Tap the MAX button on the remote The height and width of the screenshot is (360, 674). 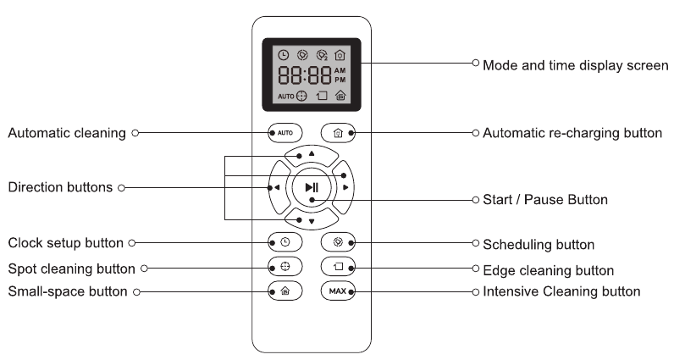(338, 291)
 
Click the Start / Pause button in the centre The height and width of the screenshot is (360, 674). (312, 187)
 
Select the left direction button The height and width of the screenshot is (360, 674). (278, 187)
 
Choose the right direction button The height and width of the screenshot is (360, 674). (344, 187)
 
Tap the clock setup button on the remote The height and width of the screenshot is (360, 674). (285, 242)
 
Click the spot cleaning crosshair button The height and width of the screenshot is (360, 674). (285, 267)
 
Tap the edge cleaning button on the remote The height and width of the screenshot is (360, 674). (338, 267)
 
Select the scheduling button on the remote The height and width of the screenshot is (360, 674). (338, 242)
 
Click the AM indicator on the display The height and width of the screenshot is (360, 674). (340, 70)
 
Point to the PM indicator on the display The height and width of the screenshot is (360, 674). (340, 80)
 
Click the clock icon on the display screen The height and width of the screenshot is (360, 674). (284, 55)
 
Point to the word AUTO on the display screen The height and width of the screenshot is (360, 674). (286, 97)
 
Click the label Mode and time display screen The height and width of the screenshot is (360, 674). (576, 65)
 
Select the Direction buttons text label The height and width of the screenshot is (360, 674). (60, 187)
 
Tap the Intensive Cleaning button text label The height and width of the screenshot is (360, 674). (562, 291)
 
